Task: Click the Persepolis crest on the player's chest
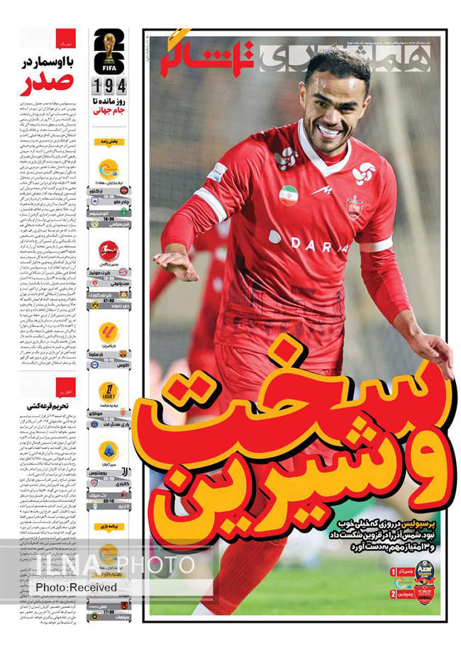click(354, 206)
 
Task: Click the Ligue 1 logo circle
click(108, 392)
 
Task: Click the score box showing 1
click(393, 571)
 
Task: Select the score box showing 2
click(393, 593)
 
